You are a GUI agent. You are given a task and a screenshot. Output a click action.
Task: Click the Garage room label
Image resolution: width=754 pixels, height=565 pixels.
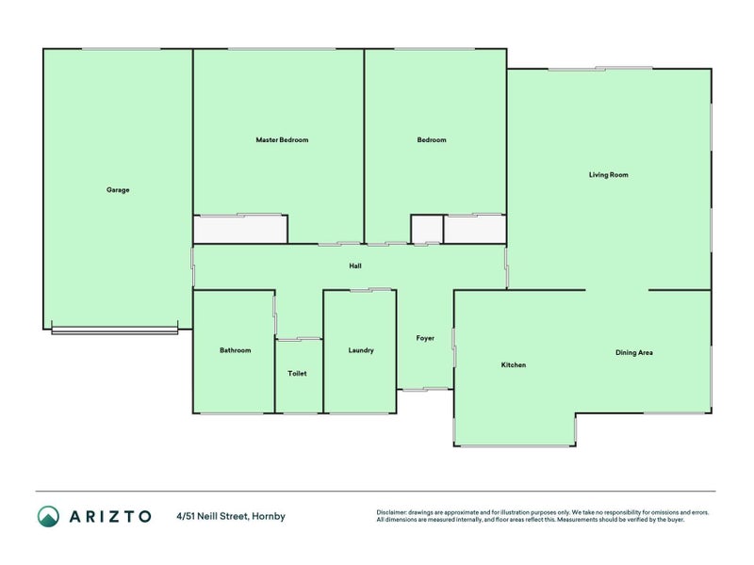coord(118,189)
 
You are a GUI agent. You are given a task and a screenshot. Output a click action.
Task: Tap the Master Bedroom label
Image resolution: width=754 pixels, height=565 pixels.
coord(282,140)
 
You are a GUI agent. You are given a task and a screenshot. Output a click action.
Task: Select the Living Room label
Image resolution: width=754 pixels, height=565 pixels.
coord(608,174)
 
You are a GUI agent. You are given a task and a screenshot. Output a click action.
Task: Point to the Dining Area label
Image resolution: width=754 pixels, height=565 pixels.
coord(633,353)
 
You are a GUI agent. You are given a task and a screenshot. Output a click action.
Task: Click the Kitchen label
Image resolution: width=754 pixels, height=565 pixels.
coord(514,365)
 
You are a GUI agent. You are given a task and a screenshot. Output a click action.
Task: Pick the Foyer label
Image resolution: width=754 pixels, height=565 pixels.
coord(425,337)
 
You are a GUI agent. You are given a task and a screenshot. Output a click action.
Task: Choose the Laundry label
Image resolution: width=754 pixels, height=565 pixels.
coord(361,350)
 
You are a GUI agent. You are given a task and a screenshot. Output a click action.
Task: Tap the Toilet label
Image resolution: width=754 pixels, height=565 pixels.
coord(297,374)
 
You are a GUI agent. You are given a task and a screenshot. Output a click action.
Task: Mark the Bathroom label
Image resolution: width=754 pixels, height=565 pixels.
coord(236,350)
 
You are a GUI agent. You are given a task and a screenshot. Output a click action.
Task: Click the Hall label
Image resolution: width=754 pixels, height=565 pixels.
coord(355,266)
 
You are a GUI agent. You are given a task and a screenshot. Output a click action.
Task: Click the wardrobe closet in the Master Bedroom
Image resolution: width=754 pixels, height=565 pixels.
coord(240,230)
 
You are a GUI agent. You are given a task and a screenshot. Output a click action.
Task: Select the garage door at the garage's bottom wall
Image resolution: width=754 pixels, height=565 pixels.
coord(114,330)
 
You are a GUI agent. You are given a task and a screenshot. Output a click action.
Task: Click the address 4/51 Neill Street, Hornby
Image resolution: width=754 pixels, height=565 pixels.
coord(230,516)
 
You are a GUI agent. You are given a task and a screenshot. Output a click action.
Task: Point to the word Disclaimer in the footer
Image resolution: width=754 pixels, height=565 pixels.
coord(392,512)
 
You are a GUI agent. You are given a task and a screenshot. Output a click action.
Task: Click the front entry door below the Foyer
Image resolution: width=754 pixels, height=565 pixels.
coord(425,389)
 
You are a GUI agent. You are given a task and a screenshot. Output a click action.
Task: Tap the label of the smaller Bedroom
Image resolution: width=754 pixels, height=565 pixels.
coord(432,140)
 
